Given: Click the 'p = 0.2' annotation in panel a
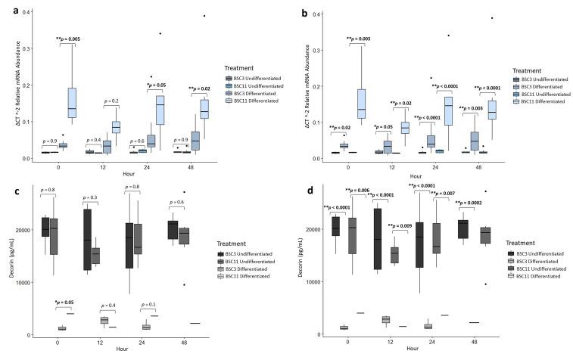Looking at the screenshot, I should [111, 101].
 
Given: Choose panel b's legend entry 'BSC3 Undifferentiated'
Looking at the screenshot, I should [544, 79].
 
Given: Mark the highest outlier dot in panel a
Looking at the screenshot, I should [203, 15].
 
